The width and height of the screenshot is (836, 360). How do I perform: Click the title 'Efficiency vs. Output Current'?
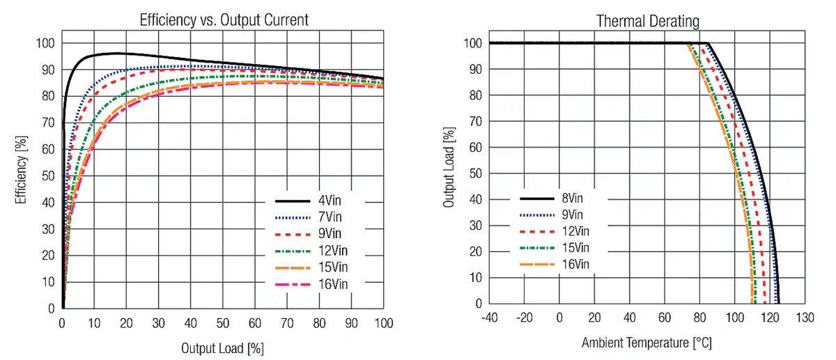tap(224, 20)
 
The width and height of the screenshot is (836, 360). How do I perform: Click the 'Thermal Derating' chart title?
tap(647, 21)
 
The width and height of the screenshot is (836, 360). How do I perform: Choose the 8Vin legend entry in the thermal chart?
tap(575, 197)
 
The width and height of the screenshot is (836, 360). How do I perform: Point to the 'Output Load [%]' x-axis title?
tap(222, 347)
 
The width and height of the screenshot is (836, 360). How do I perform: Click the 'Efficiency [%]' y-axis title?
tap(20, 170)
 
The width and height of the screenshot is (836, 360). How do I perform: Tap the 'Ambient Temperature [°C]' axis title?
tap(647, 343)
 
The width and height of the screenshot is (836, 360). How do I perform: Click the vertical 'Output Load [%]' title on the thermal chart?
tap(449, 168)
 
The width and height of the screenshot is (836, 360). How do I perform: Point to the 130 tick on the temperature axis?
tap(805, 318)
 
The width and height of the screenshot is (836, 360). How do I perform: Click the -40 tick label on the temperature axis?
tap(490, 318)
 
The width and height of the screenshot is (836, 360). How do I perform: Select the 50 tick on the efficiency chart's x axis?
tap(222, 323)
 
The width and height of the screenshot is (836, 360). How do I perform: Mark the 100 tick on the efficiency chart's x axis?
tap(383, 323)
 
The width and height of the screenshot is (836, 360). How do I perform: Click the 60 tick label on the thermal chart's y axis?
tap(474, 147)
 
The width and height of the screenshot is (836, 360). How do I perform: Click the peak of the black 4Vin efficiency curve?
tap(116, 53)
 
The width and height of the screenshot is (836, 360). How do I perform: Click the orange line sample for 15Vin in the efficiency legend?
tap(293, 267)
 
